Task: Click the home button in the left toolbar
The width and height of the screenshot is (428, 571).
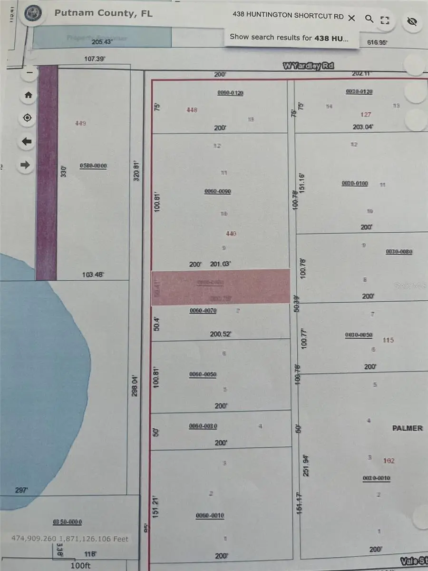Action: pyautogui.click(x=28, y=95)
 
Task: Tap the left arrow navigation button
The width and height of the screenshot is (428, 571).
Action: pyautogui.click(x=27, y=142)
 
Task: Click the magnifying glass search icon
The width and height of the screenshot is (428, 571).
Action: pyautogui.click(x=369, y=19)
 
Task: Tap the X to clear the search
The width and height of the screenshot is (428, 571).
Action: pyautogui.click(x=351, y=18)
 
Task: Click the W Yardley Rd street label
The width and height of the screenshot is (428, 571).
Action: pyautogui.click(x=308, y=66)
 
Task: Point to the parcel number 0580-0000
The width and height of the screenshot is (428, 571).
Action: pyautogui.click(x=93, y=166)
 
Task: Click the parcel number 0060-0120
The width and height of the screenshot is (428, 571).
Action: pyautogui.click(x=230, y=93)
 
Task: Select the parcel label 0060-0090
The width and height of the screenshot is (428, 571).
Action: pyautogui.click(x=217, y=191)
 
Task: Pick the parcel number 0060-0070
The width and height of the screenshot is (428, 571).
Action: pyautogui.click(x=203, y=311)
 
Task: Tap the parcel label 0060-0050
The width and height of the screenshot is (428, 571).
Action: pyautogui.click(x=203, y=374)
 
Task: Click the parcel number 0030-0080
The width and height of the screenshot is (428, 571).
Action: pyautogui.click(x=399, y=252)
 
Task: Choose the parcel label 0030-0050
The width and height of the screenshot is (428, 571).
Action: pyautogui.click(x=359, y=335)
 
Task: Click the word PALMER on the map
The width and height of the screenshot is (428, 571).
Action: pyautogui.click(x=407, y=428)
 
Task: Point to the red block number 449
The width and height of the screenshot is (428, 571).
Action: pyautogui.click(x=80, y=124)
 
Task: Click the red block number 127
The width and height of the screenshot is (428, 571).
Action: pyautogui.click(x=365, y=115)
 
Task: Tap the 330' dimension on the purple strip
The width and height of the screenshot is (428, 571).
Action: pyautogui.click(x=63, y=171)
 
